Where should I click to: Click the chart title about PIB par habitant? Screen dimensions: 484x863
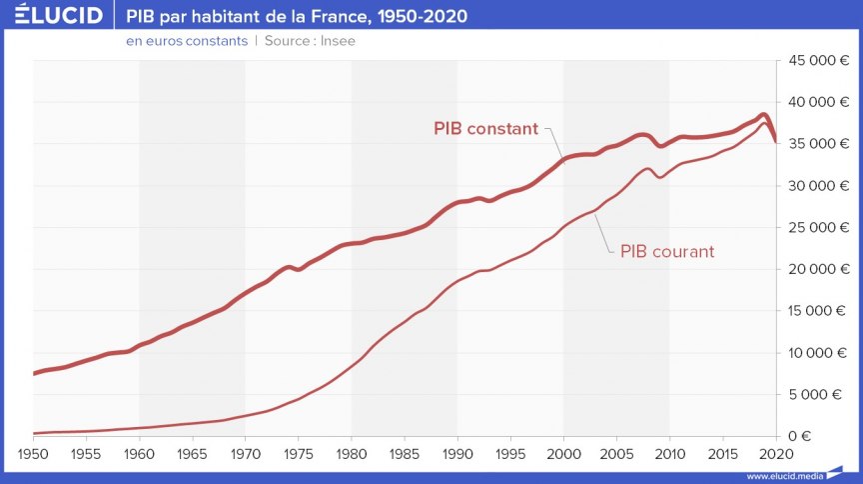(296, 17)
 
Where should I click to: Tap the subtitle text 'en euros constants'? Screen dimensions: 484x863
(186, 41)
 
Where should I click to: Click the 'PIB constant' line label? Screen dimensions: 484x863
(485, 129)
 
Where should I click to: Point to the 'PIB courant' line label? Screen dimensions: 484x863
(667, 252)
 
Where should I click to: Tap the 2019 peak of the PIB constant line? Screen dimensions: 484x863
(763, 115)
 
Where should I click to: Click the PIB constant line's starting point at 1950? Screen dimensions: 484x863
(35, 373)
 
